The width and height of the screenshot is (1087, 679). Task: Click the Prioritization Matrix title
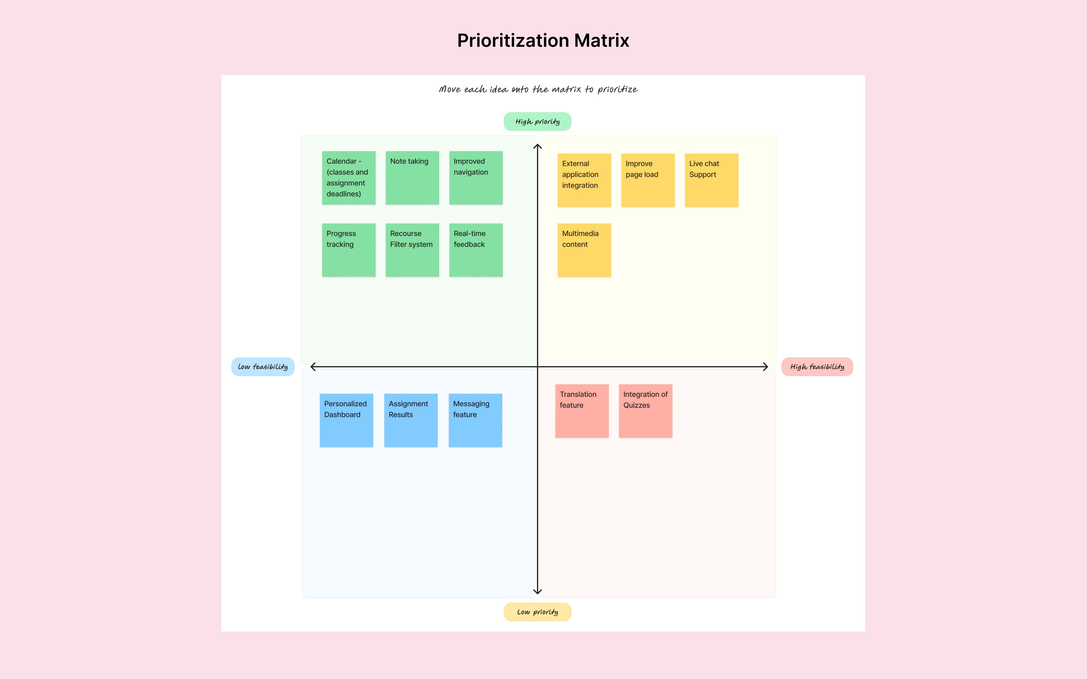click(x=543, y=40)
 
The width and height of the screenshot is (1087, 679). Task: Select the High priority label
click(x=537, y=122)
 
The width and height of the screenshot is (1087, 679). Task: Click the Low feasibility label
click(x=263, y=367)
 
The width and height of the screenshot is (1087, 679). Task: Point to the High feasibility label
click(x=817, y=367)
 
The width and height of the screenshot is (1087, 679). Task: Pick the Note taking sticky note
click(x=412, y=178)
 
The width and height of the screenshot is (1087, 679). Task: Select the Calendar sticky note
click(x=348, y=178)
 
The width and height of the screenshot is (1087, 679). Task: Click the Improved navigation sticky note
click(x=476, y=178)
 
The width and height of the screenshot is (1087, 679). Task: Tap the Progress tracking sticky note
click(x=348, y=250)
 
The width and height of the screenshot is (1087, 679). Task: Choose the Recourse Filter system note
click(x=412, y=250)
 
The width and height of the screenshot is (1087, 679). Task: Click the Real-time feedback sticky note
click(x=476, y=250)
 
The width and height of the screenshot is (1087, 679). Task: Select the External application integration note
click(x=584, y=180)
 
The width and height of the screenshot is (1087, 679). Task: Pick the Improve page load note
click(x=648, y=180)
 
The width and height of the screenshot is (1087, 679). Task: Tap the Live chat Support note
click(x=711, y=180)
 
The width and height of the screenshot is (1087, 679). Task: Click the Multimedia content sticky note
click(x=584, y=250)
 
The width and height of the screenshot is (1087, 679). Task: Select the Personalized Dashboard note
click(x=346, y=420)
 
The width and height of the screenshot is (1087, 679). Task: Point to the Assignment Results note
click(x=411, y=420)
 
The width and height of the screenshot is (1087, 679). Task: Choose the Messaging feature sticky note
click(x=475, y=420)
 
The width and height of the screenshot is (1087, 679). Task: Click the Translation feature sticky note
click(x=582, y=411)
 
